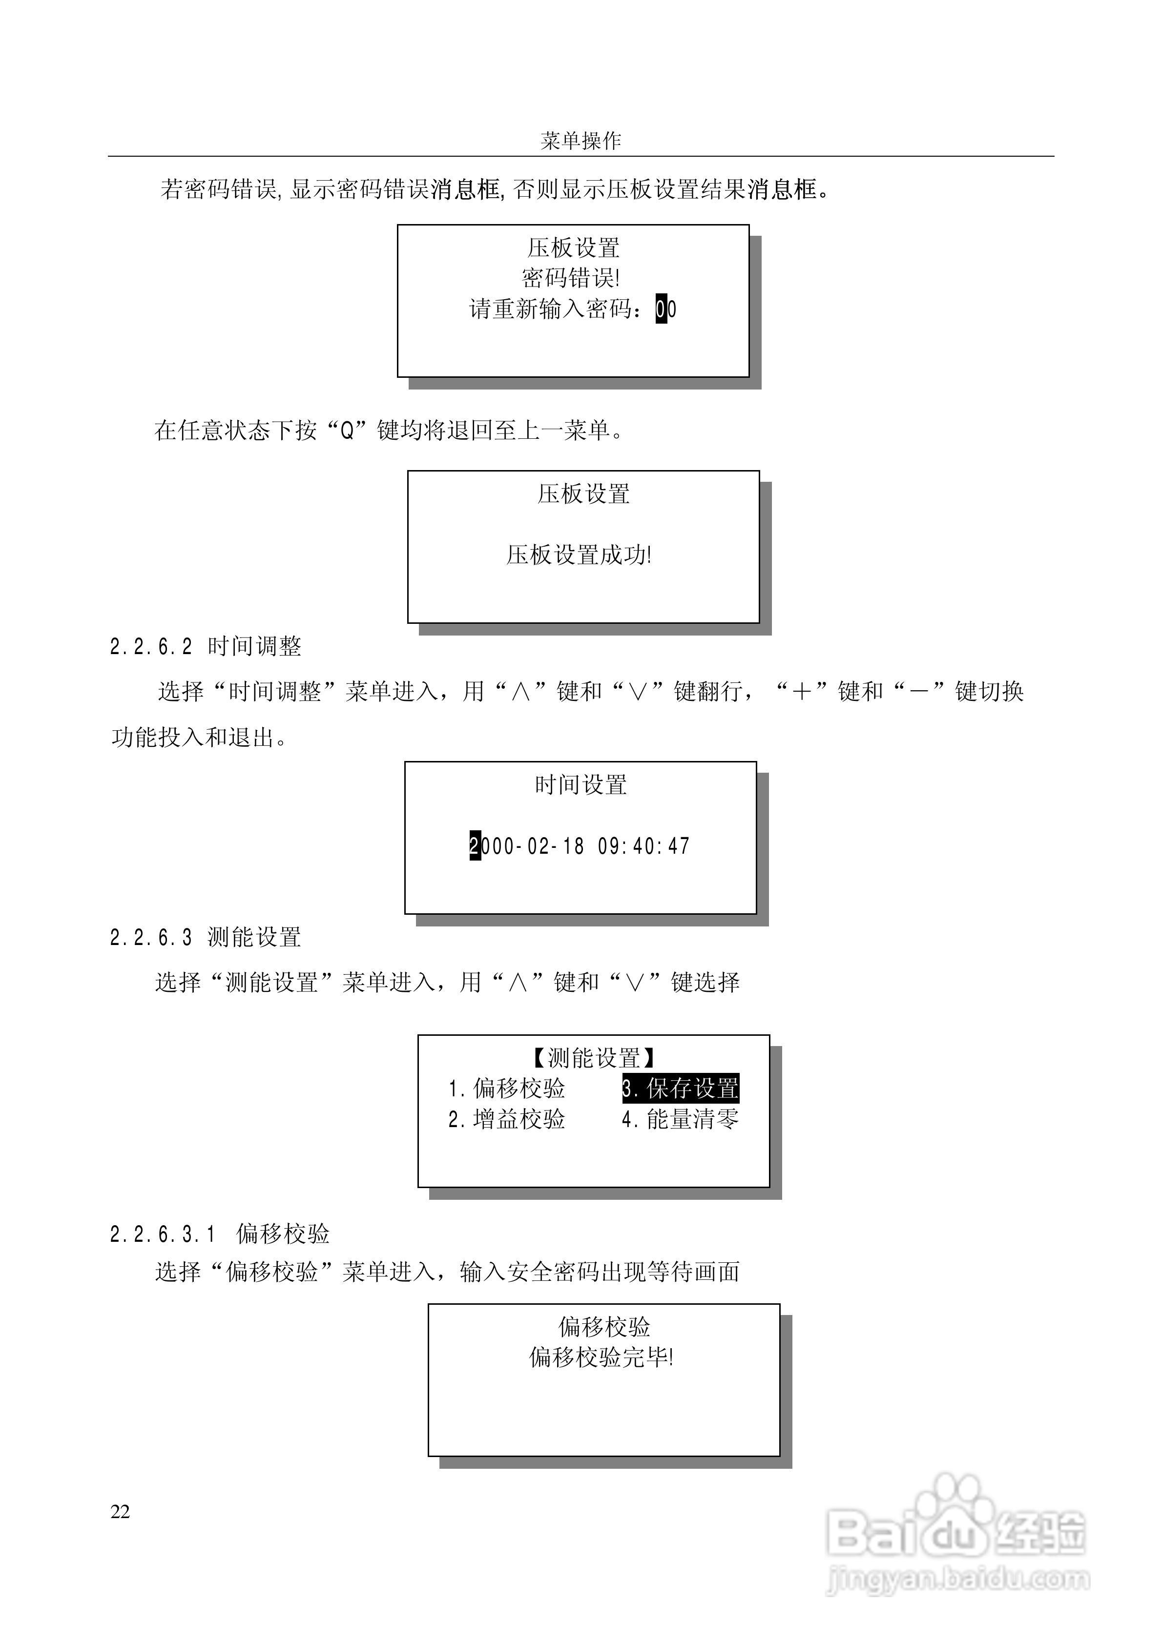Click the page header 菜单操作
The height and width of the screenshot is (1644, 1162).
[x=581, y=141]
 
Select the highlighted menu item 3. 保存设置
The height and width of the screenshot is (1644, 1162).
[x=680, y=1089]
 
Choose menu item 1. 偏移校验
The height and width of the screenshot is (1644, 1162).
[x=506, y=1089]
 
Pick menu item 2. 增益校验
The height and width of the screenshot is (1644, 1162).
[x=506, y=1119]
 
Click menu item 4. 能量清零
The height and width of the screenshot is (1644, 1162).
[x=680, y=1119]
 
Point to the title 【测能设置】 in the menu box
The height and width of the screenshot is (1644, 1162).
[x=593, y=1058]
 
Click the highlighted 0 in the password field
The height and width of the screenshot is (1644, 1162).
[x=661, y=309]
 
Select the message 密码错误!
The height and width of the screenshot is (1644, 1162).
[x=571, y=278]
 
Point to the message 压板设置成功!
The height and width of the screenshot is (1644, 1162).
[x=579, y=555]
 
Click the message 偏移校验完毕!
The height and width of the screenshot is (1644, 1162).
[x=601, y=1357]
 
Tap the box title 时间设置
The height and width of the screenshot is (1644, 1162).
[x=581, y=785]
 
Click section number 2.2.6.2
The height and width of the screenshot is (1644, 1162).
[x=151, y=647]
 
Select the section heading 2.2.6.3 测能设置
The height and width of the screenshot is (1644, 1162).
[x=205, y=937]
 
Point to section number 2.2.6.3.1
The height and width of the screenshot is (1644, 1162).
[x=163, y=1233]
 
